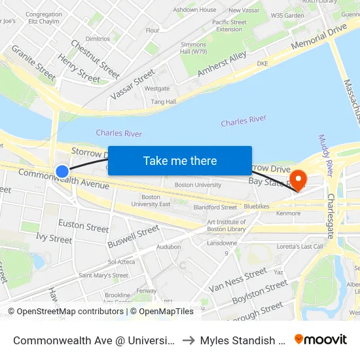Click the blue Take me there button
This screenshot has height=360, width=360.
[180, 160]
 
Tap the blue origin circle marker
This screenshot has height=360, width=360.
[62, 171]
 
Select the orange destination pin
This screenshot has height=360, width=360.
[298, 179]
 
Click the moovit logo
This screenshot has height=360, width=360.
[321, 339]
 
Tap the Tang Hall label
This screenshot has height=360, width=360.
[163, 101]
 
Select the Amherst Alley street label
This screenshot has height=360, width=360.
[222, 65]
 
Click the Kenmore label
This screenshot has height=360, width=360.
[288, 213]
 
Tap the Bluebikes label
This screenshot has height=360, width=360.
[256, 206]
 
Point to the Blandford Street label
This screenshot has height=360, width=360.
[215, 207]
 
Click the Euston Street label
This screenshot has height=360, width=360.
[84, 227]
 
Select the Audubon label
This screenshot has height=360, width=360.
[168, 247]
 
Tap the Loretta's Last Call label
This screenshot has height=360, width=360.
[300, 246]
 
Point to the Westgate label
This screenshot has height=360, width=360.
[157, 88]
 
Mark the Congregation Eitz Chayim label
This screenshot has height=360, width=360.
[44, 18]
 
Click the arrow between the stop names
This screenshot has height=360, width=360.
[187, 340]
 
